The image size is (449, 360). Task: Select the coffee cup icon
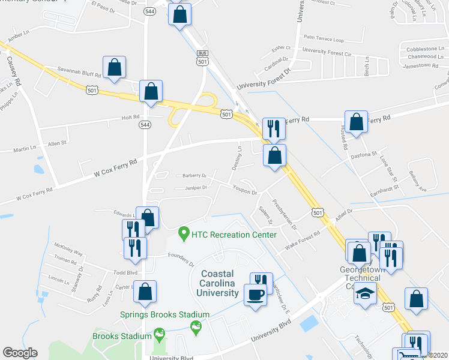click(x=255, y=295)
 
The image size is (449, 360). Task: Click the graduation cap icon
click(x=365, y=294)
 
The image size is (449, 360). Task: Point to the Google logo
click(x=20, y=353)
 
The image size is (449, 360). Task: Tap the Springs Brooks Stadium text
click(x=164, y=314)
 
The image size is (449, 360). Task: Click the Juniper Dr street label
click(x=196, y=187)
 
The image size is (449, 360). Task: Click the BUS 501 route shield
click(x=202, y=58)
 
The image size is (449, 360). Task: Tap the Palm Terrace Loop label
click(x=324, y=40)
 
